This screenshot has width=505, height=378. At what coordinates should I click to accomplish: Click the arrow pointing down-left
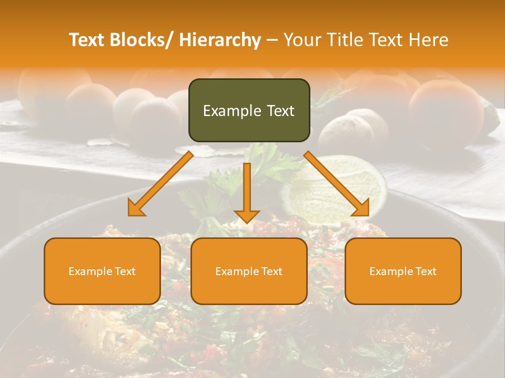(x=160, y=184)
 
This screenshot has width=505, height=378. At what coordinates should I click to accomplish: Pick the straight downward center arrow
(x=247, y=192)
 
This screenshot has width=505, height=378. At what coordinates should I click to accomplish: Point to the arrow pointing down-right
(x=337, y=184)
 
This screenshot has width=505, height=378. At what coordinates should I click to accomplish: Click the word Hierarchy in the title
(x=220, y=40)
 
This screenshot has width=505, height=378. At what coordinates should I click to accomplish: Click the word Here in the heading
(x=428, y=40)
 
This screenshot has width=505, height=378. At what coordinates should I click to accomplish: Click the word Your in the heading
(x=301, y=40)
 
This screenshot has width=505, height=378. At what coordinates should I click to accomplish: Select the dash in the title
(x=272, y=40)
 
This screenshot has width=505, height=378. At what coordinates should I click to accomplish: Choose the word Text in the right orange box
(x=426, y=271)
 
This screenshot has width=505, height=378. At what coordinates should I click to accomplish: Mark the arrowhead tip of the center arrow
(x=247, y=223)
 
